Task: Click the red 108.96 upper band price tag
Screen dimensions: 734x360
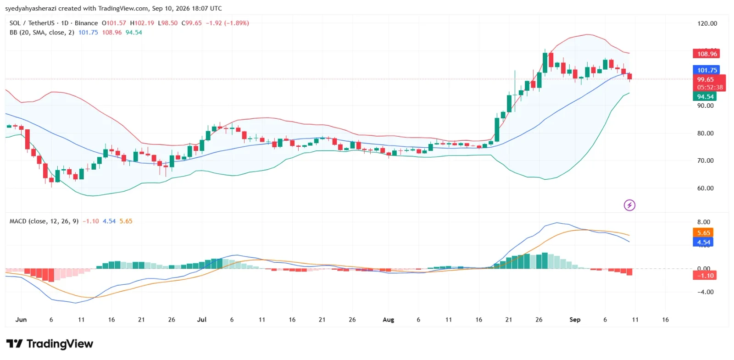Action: pyautogui.click(x=706, y=54)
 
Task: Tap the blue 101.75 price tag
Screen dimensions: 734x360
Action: pyautogui.click(x=706, y=70)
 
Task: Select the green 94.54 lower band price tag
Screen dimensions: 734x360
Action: pyautogui.click(x=705, y=97)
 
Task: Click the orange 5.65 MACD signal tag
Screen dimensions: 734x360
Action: pyautogui.click(x=703, y=233)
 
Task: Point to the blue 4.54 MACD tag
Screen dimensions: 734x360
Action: pyautogui.click(x=703, y=243)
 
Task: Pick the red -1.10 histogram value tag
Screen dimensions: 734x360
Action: pyautogui.click(x=705, y=276)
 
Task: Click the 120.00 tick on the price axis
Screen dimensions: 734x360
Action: pyautogui.click(x=707, y=23)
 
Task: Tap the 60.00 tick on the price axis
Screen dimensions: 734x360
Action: pyautogui.click(x=705, y=188)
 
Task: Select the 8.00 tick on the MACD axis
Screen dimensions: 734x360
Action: pyautogui.click(x=704, y=222)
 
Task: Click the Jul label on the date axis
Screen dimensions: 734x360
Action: pyautogui.click(x=201, y=319)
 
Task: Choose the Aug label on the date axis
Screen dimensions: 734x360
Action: pyautogui.click(x=388, y=319)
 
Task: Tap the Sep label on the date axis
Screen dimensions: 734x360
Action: pyautogui.click(x=575, y=319)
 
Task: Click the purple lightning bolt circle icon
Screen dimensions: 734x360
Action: pyautogui.click(x=629, y=205)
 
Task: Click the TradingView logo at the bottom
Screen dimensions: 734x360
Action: pyautogui.click(x=50, y=343)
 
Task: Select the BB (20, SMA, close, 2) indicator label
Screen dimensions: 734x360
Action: pyautogui.click(x=42, y=33)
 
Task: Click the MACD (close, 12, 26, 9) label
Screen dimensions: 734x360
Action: pyautogui.click(x=44, y=221)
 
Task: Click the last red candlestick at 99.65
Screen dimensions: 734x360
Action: pyautogui.click(x=629, y=77)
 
